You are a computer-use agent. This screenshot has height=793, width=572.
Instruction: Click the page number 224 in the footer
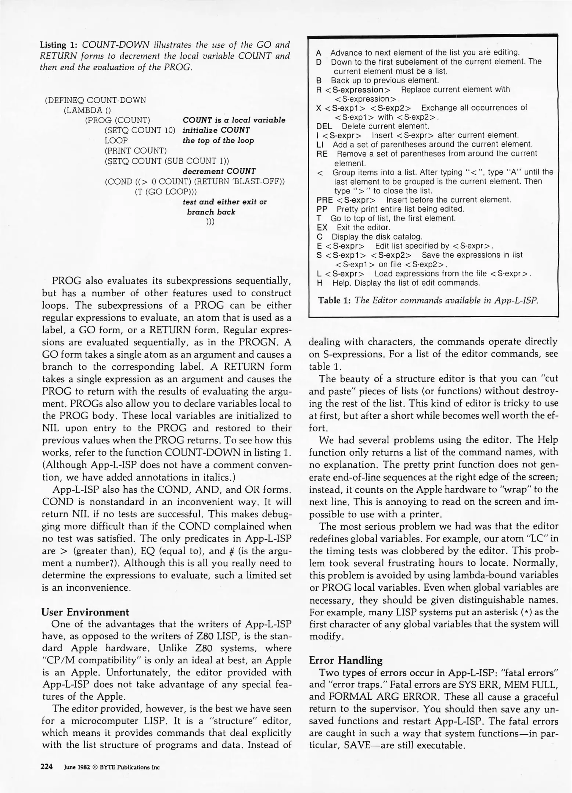[x=47, y=767]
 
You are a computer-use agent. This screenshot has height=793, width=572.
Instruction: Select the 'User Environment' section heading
[x=85, y=612]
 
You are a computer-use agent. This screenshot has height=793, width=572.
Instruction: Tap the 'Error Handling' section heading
[x=345, y=660]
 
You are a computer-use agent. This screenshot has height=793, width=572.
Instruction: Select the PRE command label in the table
[x=324, y=200]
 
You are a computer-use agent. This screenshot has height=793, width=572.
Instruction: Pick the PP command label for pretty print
[x=322, y=209]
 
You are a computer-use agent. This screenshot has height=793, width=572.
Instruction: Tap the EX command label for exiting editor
[x=322, y=228]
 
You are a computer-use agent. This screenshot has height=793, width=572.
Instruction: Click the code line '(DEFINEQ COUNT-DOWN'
[x=96, y=100]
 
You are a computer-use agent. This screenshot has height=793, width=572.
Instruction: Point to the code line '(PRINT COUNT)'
[x=136, y=151]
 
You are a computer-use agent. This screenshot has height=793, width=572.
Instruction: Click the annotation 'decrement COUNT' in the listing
[x=219, y=171]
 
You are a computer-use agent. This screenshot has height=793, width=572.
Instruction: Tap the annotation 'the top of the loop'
[x=218, y=141]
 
